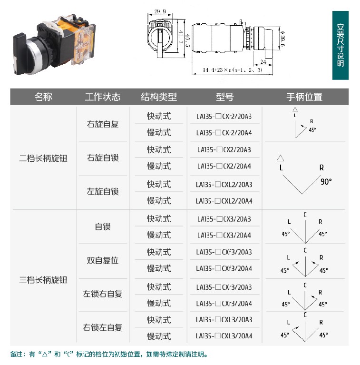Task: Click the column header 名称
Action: point(43,97)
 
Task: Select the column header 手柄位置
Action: point(304,97)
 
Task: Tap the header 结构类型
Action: point(159,97)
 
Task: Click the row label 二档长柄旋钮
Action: point(43,158)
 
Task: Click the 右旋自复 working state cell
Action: point(103,124)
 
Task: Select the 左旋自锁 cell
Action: point(103,192)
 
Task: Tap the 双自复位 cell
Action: point(103,260)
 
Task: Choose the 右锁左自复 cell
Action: point(103,327)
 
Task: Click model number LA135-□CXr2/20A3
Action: point(224,116)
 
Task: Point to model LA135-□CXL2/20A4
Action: point(224,201)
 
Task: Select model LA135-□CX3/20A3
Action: point(224,219)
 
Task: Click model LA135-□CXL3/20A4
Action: point(224,336)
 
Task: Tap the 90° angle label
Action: point(326,181)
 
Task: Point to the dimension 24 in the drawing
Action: point(263,62)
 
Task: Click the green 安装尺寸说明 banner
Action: point(340,45)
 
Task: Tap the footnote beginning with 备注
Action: point(109,354)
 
